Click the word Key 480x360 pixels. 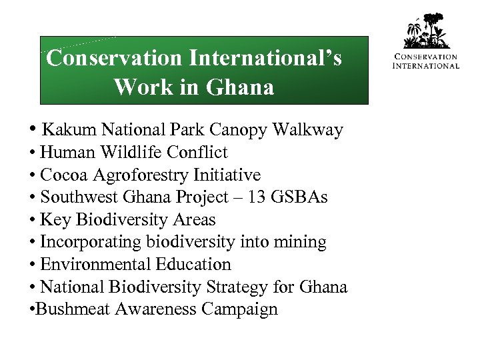(x=54, y=220)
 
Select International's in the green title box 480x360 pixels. (x=265, y=59)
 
